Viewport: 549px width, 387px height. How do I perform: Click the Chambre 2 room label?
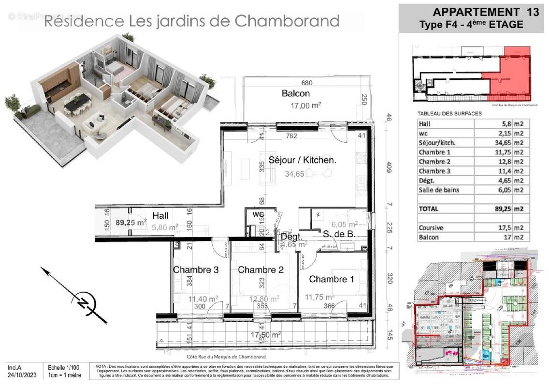260,270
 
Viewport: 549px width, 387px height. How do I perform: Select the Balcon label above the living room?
296,93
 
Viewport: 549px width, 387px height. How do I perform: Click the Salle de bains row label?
439,190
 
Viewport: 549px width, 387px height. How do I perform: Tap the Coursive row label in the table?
431,228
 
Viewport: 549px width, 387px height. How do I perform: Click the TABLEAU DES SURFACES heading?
449,114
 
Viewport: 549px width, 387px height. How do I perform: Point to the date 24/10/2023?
21,375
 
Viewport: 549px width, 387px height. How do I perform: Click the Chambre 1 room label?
328,279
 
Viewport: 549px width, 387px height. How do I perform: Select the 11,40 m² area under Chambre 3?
202,299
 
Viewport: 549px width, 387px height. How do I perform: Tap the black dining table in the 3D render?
78,101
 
